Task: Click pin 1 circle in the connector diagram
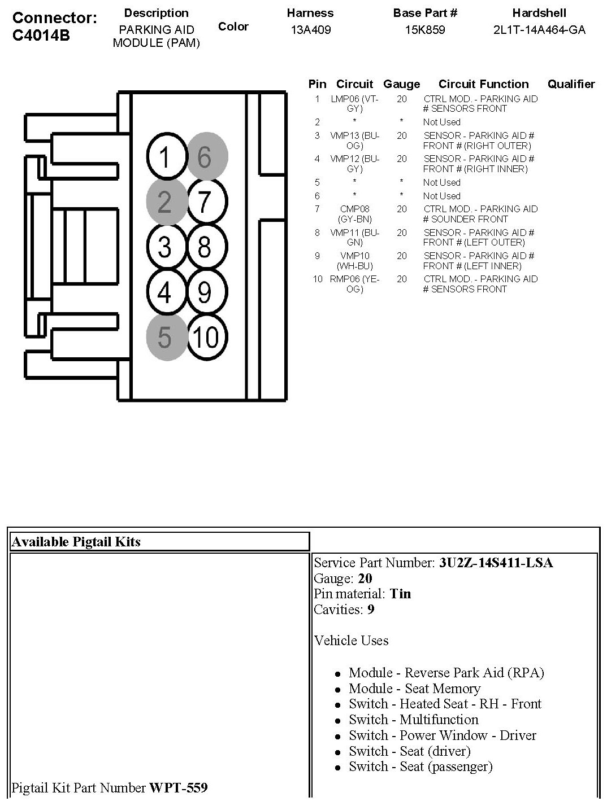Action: coord(165,157)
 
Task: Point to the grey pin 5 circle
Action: coord(165,338)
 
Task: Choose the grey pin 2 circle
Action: coord(165,202)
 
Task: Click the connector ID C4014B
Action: coord(41,35)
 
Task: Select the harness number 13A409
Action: coord(310,30)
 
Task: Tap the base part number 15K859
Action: coord(425,30)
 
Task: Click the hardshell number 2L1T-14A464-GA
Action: coord(539,30)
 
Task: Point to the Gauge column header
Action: coord(401,84)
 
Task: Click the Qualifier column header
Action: coord(571,84)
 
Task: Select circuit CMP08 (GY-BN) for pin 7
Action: coord(354,214)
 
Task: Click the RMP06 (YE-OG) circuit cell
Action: coord(354,284)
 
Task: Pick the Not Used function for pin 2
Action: coord(441,122)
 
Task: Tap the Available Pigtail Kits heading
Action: coord(76,542)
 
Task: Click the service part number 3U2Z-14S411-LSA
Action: coord(496,563)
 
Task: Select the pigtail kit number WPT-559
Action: coord(178,787)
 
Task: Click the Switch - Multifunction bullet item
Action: coord(413,720)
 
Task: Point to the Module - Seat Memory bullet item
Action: coord(414,689)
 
